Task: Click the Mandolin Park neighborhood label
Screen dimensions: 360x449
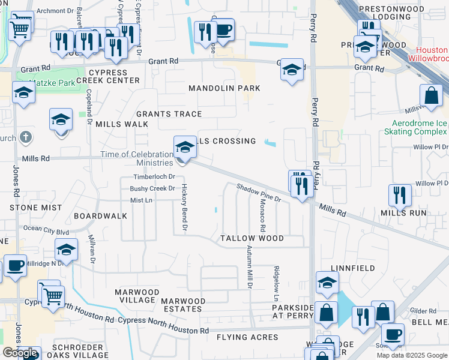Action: click(x=224, y=88)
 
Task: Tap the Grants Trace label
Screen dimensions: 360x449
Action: click(x=169, y=114)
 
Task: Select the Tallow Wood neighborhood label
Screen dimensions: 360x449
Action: click(x=252, y=238)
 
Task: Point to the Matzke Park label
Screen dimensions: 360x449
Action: click(x=55, y=82)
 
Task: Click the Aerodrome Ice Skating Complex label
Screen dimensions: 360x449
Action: click(x=415, y=127)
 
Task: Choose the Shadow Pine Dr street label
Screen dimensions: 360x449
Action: click(x=259, y=193)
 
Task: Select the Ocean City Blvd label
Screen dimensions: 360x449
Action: click(x=46, y=229)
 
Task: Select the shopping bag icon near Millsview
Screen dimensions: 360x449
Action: click(x=432, y=95)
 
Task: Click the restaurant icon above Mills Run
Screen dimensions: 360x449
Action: click(x=399, y=194)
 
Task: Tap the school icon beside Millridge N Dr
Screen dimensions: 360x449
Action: click(x=66, y=249)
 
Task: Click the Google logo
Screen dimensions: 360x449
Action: click(x=20, y=353)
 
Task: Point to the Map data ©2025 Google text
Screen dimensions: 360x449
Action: click(x=412, y=355)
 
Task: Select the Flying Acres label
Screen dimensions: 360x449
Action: click(x=247, y=337)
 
